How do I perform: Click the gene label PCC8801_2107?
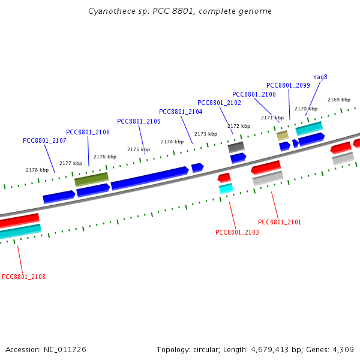(44, 140)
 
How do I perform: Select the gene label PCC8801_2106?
(88, 132)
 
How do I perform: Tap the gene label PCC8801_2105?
(139, 121)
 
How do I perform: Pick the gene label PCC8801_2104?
(181, 112)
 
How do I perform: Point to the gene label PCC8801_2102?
(219, 103)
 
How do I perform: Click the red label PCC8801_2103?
(237, 232)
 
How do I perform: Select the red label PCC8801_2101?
(280, 222)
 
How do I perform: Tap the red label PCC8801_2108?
(23, 277)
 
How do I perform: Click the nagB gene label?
(320, 77)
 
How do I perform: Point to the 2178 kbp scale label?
(37, 170)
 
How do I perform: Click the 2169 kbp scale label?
(339, 100)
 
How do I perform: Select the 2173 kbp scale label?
(206, 134)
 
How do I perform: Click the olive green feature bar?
(91, 179)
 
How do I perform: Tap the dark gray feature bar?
(236, 147)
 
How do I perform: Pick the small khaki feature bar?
(283, 136)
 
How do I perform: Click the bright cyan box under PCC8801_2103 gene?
(226, 188)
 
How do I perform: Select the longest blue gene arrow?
(149, 178)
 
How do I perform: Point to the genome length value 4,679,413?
(270, 350)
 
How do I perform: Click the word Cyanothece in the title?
(112, 11)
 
